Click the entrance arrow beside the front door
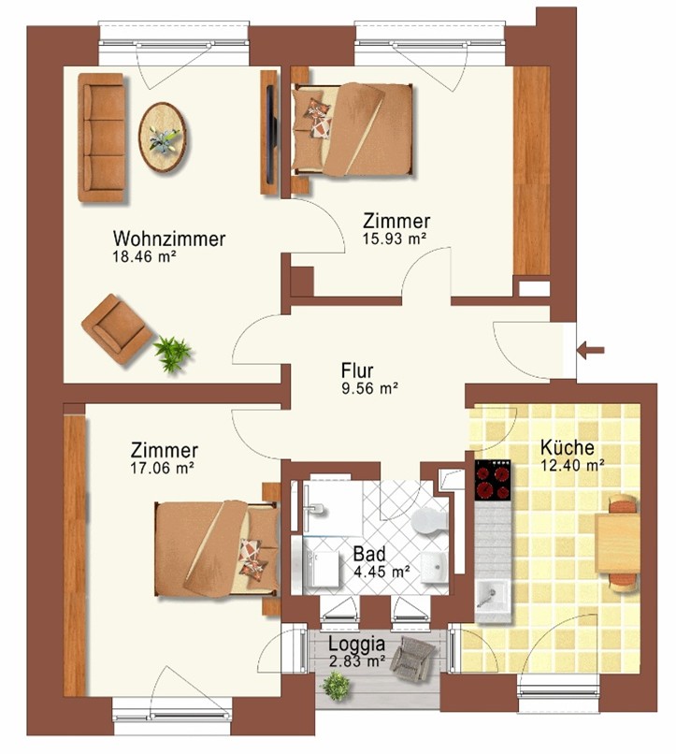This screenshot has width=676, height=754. coord(591,350)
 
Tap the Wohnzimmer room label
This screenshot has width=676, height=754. coord(169,239)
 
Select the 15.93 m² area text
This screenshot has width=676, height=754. coord(395,239)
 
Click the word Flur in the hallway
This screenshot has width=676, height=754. coord(357,370)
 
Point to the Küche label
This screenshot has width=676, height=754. coord(568,447)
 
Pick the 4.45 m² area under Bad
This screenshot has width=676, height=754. coord(381,572)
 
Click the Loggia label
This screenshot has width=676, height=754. coord(356,644)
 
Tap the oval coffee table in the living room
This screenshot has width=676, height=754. coord(163,137)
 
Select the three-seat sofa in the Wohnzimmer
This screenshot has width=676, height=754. coord(102,138)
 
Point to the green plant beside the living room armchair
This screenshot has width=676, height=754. coord(172,354)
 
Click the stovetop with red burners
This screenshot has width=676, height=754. coord(493,481)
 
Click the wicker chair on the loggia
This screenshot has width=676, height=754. coord(412,659)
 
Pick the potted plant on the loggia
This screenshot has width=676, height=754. coord(336,685)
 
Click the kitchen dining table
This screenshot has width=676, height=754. coord(618,543)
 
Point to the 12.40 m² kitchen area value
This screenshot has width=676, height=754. coord(571,465)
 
